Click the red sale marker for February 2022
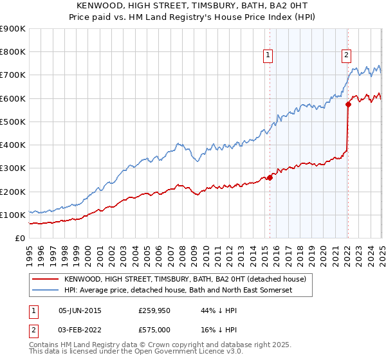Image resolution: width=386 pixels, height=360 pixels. (x=348, y=104)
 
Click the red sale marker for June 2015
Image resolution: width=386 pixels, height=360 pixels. (x=270, y=178)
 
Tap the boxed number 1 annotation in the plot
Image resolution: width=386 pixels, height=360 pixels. (x=267, y=56)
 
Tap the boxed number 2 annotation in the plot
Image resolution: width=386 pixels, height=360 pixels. (x=346, y=56)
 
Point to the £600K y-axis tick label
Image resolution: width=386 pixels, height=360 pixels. (x=12, y=98)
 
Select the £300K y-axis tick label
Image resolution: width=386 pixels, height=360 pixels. (x=12, y=168)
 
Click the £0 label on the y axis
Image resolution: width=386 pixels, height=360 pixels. (x=20, y=239)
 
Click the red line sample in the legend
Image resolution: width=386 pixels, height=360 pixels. (x=45, y=280)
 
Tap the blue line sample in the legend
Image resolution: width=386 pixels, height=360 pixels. (x=45, y=291)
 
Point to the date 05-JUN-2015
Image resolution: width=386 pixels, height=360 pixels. (x=80, y=310)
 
